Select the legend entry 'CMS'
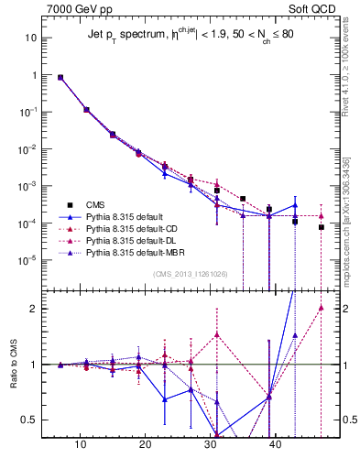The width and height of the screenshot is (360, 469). pos(95,204)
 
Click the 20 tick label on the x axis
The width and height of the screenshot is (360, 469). pos(146,444)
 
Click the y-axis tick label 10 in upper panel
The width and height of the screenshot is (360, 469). pos(32,38)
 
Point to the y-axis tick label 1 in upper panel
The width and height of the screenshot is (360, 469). pos(35,75)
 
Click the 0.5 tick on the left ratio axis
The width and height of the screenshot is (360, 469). pos(30,420)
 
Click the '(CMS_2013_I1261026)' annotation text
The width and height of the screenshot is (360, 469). pos(191,275)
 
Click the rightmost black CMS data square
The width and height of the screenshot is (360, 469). pos(322,227)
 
